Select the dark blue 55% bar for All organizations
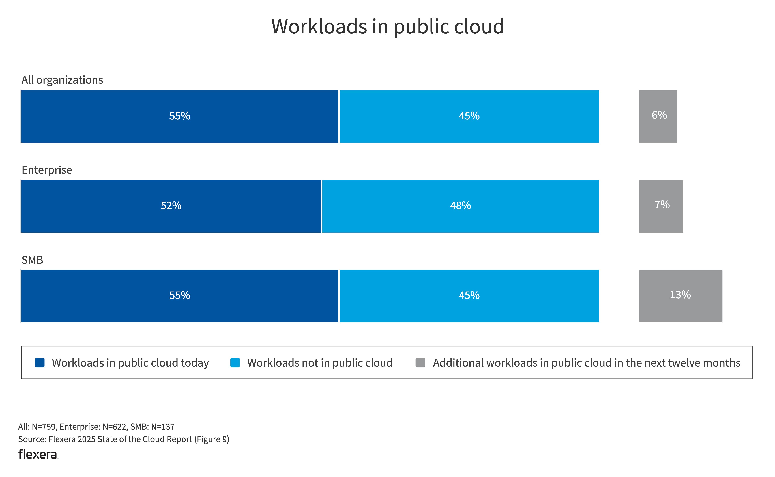[x=180, y=116]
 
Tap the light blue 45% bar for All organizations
[x=469, y=116]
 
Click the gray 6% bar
[x=658, y=116]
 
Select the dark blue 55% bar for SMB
[x=180, y=296]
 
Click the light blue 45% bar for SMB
[x=469, y=296]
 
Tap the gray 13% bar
[x=680, y=296]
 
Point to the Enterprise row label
[x=47, y=170]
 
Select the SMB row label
[x=32, y=260]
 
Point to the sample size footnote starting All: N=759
[x=96, y=427]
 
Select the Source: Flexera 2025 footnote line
[x=123, y=439]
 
